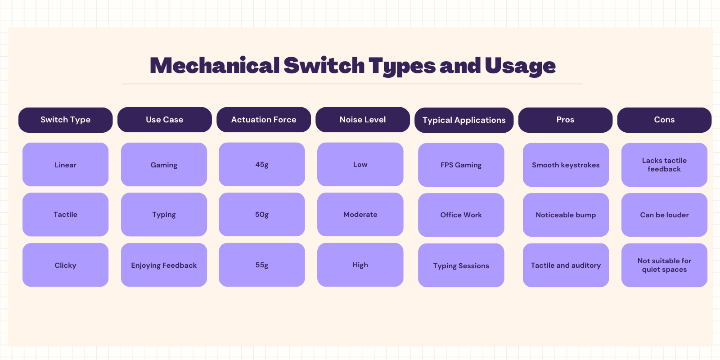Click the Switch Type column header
coord(66,120)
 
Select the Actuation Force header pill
coord(264,120)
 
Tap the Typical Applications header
coord(464,120)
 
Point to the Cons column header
coord(664,120)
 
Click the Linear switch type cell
coord(66,165)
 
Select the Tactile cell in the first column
coord(66,214)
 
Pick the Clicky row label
coord(66,265)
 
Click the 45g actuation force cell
coord(261,164)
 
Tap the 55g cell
coord(261,265)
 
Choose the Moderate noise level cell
coord(360,214)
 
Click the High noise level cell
coord(360,265)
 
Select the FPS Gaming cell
coord(461,165)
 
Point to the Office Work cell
coord(461,215)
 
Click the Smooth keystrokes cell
coord(566,165)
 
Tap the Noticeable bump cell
coord(566,215)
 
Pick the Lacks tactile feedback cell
coord(664,165)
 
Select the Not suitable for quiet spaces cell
coord(664,265)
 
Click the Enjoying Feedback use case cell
coord(164,265)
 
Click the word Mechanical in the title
coord(215,66)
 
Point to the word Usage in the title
coord(520,67)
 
